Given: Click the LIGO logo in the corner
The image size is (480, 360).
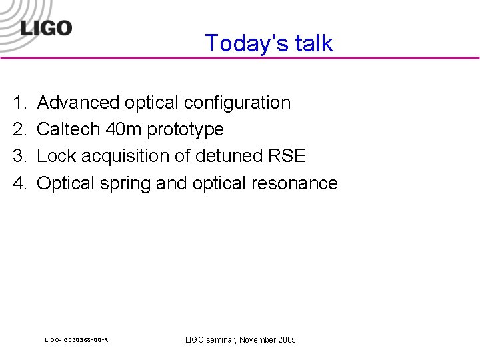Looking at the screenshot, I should click(x=45, y=27).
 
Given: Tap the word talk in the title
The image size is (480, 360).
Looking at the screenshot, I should click(x=312, y=43).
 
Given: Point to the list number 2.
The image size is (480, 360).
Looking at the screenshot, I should click(x=19, y=129).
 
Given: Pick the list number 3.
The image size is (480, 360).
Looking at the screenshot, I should click(x=19, y=156).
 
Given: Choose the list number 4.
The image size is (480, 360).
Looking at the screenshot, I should click(x=19, y=183).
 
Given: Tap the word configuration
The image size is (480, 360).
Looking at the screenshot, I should click(x=237, y=103).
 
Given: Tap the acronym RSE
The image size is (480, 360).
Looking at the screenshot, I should click(x=287, y=156).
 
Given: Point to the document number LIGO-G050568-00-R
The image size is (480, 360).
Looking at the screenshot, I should click(x=77, y=341).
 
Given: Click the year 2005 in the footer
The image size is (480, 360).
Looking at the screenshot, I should click(x=285, y=340).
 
